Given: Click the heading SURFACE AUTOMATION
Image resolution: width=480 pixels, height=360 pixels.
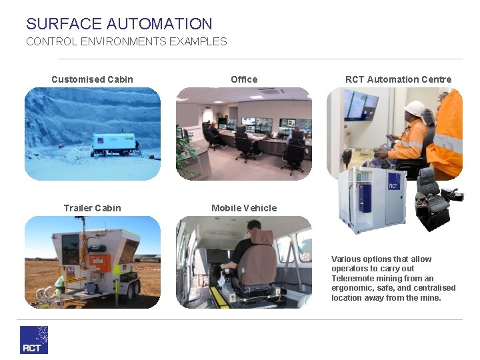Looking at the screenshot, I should tap(119, 24).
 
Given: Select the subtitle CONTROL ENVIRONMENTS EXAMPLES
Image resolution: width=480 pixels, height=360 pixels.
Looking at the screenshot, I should tap(126, 41).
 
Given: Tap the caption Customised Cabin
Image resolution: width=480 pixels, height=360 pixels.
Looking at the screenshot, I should tap(92, 79).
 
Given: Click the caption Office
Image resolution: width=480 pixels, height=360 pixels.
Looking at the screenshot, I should tap(244, 79).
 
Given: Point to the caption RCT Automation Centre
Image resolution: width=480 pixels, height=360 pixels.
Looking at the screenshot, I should tap(398, 79).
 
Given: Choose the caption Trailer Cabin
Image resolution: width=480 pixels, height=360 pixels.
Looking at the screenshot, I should tap(92, 208).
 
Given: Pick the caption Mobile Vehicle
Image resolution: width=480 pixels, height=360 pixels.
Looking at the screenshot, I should tap(244, 208).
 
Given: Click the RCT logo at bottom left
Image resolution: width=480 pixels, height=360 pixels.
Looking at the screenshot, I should tap(34, 339).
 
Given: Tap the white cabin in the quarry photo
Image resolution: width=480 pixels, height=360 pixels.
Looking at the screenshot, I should tap(113, 144).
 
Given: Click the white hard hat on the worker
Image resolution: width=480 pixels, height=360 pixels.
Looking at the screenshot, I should tap(415, 108).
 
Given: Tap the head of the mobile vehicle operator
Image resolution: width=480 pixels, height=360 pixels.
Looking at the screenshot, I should tap(253, 227).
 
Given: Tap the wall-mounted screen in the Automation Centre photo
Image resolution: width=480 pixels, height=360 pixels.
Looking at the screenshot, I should tap(361, 105).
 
